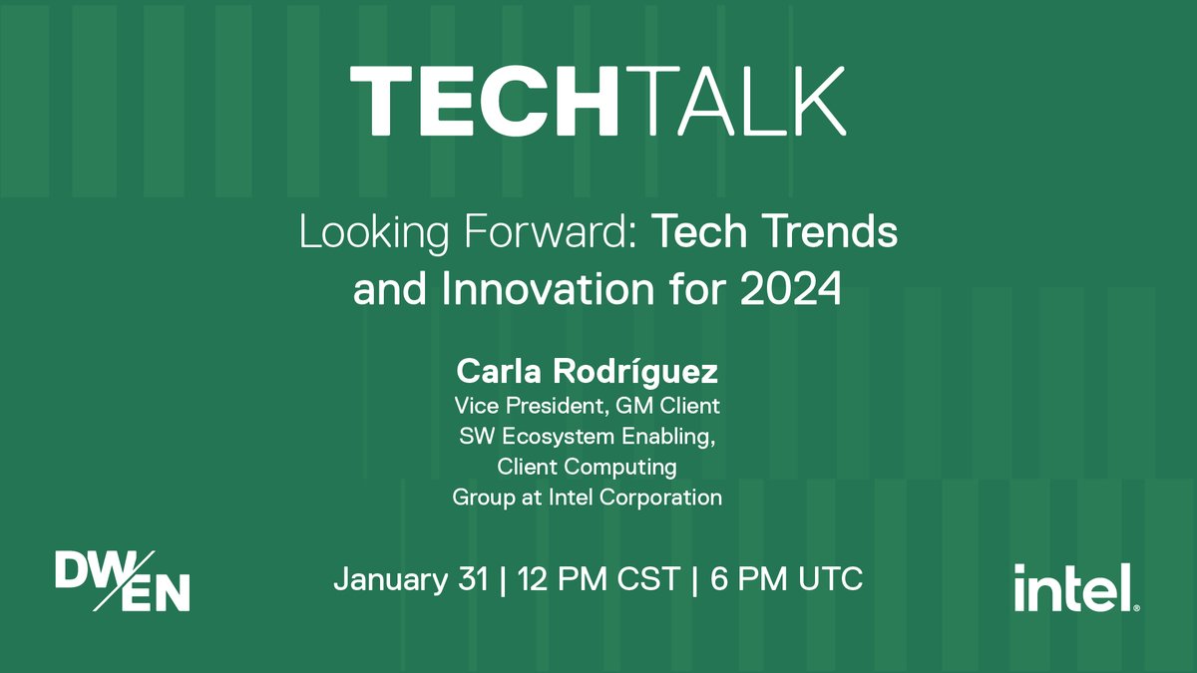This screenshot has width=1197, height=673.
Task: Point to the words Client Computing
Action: point(587,467)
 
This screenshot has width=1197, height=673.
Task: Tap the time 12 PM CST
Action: point(598,579)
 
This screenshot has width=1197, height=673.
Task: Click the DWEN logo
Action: point(122,579)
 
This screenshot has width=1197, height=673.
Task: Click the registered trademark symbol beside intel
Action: point(1136,606)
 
